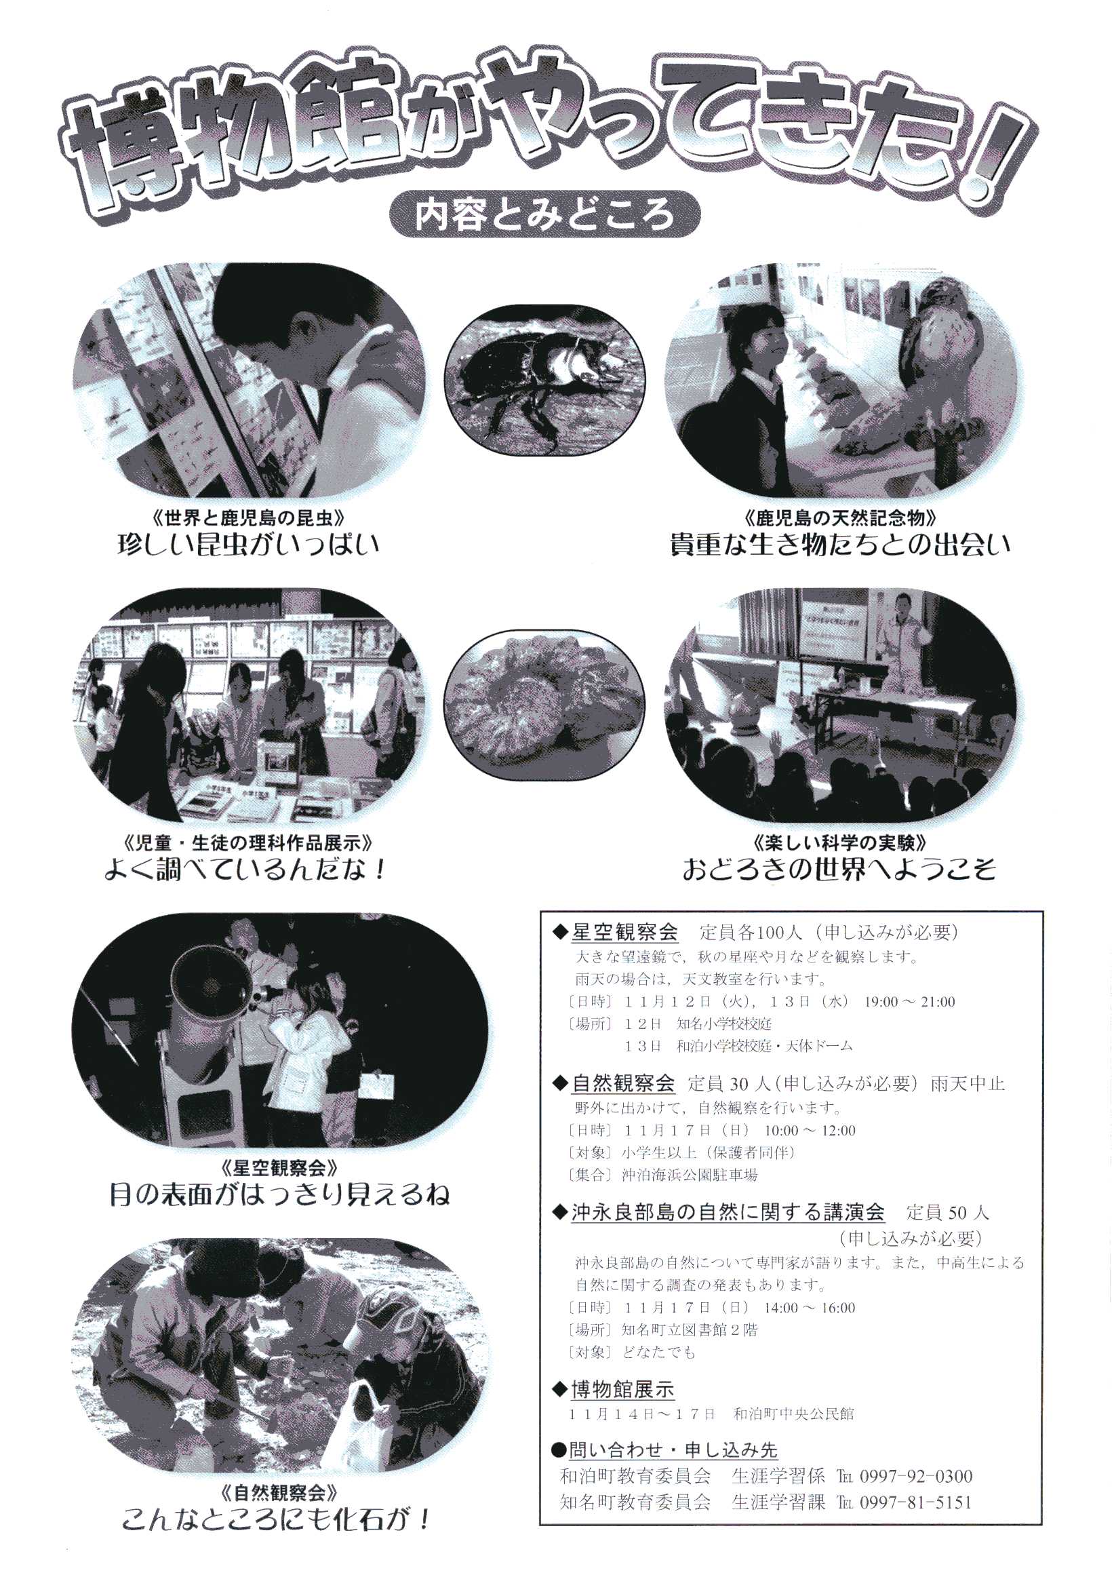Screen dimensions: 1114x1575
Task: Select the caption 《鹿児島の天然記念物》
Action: point(839,517)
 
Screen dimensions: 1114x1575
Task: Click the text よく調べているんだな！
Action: point(245,870)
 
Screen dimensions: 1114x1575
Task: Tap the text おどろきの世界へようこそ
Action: point(838,870)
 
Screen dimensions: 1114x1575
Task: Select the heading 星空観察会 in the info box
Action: point(624,932)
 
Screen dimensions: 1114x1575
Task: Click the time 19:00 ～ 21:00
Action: point(909,1002)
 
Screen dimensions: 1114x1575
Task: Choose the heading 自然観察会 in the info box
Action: point(624,1084)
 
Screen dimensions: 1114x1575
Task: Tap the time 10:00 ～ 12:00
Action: point(810,1130)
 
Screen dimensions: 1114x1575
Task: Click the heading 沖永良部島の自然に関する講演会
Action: point(728,1213)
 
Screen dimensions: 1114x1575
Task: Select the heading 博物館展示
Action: point(623,1390)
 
